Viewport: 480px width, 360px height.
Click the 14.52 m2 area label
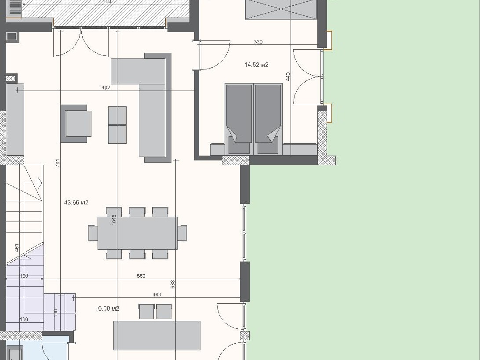click(256, 65)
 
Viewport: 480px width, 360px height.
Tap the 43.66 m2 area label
click(76, 202)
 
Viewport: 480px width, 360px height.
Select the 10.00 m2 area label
click(107, 309)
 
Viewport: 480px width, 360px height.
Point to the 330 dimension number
click(258, 42)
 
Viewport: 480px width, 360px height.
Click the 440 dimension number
click(288, 76)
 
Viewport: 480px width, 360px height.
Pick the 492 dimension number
click(105, 87)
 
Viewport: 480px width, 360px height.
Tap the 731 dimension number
click(58, 163)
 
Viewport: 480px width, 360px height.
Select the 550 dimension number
click(141, 276)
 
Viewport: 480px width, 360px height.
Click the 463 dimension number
click(156, 295)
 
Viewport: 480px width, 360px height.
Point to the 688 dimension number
click(173, 284)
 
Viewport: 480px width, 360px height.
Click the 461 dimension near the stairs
click(17, 248)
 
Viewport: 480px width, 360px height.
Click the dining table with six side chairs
click(138, 233)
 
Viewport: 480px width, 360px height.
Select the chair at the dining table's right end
click(182, 233)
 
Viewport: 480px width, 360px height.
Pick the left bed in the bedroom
click(239, 119)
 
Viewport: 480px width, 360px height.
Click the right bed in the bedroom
click(268, 119)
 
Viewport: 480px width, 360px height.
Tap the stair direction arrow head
click(39, 183)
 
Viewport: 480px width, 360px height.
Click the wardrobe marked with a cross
click(281, 10)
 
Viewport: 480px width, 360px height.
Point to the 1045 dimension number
click(114, 220)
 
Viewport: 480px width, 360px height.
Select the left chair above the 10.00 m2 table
click(147, 311)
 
